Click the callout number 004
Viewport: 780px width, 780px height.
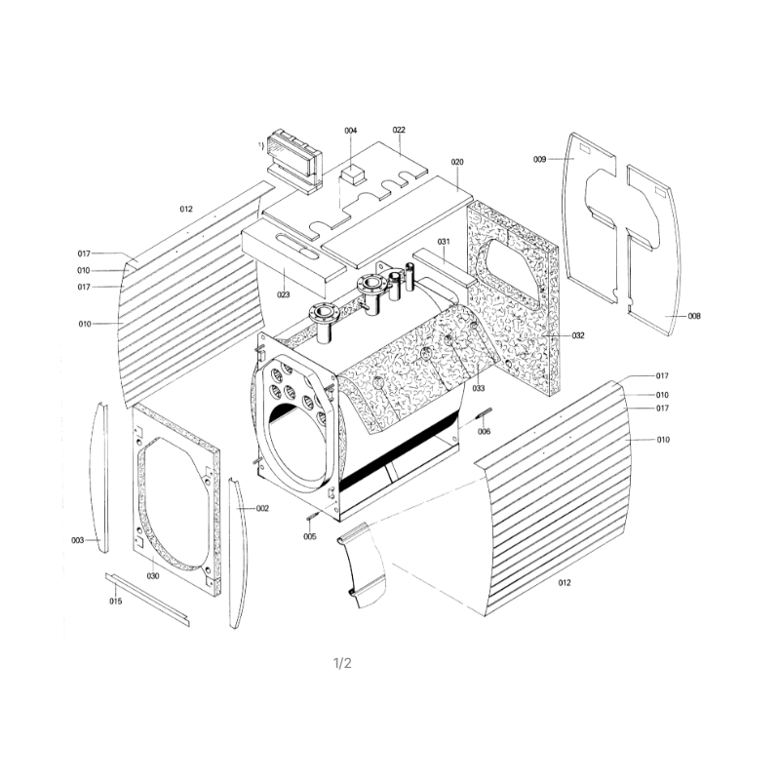point(351,131)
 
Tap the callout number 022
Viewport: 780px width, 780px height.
point(399,130)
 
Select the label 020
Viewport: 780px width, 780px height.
point(457,162)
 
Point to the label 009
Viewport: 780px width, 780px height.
point(540,159)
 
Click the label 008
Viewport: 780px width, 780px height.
point(694,316)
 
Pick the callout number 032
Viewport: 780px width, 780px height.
point(578,335)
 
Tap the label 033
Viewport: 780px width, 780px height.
point(478,388)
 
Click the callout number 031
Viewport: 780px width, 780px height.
point(444,242)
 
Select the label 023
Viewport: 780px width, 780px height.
point(283,294)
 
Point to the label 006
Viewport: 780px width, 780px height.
point(484,431)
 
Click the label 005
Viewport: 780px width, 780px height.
point(310,536)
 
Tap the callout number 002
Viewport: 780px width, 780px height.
point(262,508)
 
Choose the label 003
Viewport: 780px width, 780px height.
point(78,540)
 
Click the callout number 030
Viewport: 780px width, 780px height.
point(153,576)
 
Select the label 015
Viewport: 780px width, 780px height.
point(116,601)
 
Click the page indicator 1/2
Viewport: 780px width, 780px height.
point(342,663)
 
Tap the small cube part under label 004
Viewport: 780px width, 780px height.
point(352,175)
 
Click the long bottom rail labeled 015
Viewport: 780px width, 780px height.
point(147,600)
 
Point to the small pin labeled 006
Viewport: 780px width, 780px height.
point(485,412)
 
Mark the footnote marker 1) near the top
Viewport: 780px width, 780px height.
point(260,145)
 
